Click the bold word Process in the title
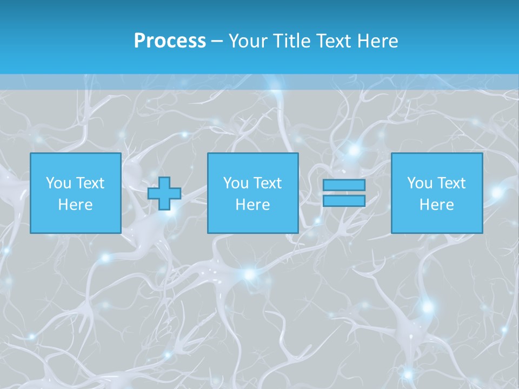click(x=170, y=41)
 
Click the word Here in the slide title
click(x=378, y=41)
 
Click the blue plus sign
click(x=164, y=193)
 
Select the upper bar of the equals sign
click(x=344, y=185)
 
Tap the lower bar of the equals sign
click(x=344, y=201)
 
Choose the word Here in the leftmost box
click(x=75, y=205)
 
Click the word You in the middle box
click(x=236, y=183)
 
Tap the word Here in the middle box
click(x=252, y=205)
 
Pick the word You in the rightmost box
click(x=420, y=183)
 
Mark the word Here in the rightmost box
click(x=436, y=205)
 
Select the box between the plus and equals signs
click(x=252, y=222)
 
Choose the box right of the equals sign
click(x=436, y=222)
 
